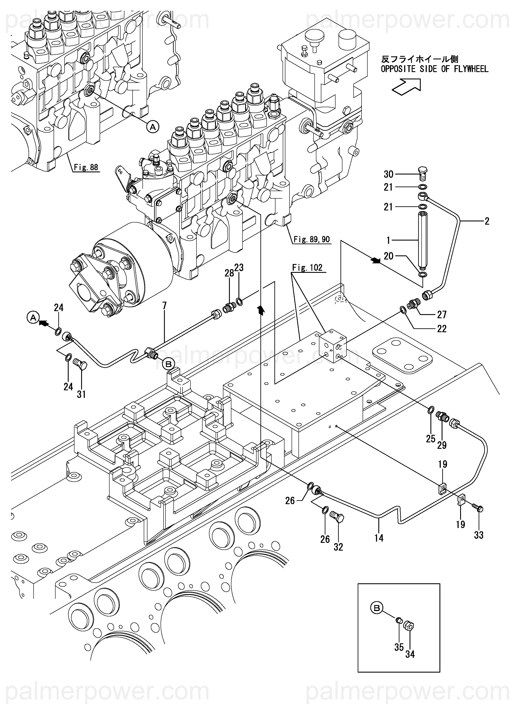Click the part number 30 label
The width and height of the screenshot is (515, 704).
(x=388, y=174)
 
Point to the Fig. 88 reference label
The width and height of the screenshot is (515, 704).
(x=86, y=167)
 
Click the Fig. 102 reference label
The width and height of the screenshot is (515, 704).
(x=307, y=268)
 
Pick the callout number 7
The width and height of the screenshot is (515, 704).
(x=164, y=306)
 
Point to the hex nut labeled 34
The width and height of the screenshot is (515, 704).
(x=408, y=625)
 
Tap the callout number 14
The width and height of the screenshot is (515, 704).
(x=379, y=538)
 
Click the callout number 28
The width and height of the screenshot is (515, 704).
(x=229, y=273)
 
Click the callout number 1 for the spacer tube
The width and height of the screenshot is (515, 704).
(x=388, y=240)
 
